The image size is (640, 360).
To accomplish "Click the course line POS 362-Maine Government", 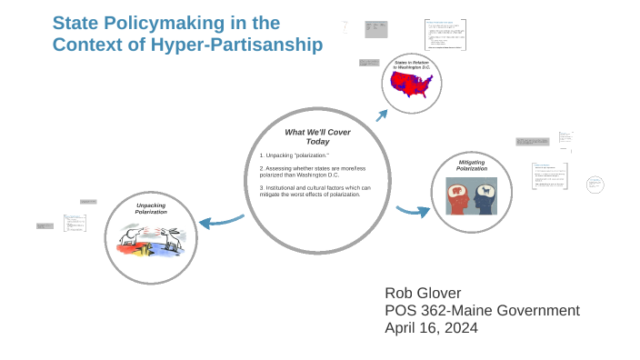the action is point(482,310).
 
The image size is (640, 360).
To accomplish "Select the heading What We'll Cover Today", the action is point(317,136).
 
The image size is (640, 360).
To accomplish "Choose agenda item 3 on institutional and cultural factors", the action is point(315,191).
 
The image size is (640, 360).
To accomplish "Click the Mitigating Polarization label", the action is point(471,165).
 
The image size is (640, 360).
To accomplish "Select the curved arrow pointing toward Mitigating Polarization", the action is point(414,211).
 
